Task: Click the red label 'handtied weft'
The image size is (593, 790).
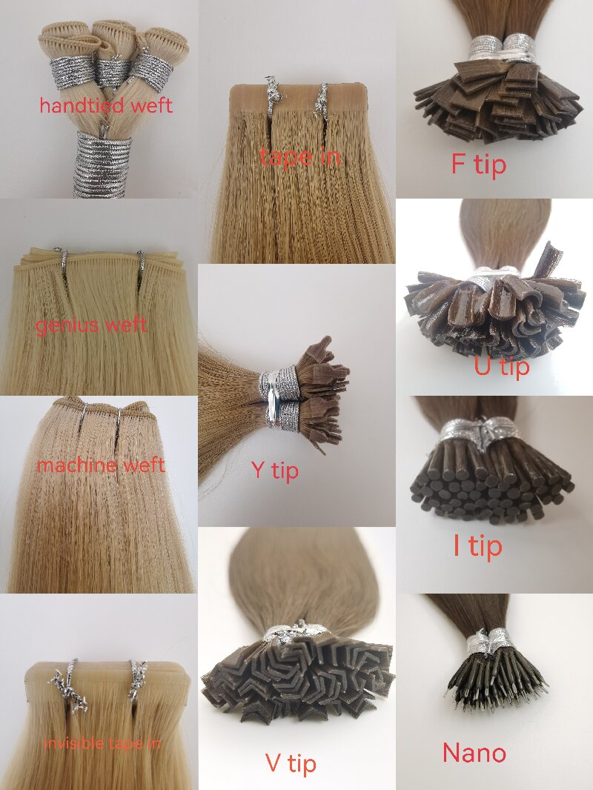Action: [106, 105]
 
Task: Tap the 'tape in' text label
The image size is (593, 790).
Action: [299, 156]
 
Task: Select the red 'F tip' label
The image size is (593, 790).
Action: [478, 165]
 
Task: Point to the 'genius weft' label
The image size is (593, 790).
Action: [91, 325]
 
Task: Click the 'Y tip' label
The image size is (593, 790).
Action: [275, 471]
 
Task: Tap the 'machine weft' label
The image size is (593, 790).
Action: [101, 464]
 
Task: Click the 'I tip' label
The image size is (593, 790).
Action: [477, 545]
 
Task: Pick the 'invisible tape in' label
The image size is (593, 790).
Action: [102, 743]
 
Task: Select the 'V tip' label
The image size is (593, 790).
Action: [291, 763]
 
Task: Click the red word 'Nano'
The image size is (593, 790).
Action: [474, 753]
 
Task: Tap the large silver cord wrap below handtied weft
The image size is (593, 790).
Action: [102, 165]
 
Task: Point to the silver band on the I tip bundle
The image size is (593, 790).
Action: [480, 433]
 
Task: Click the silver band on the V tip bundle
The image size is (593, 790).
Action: [297, 631]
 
